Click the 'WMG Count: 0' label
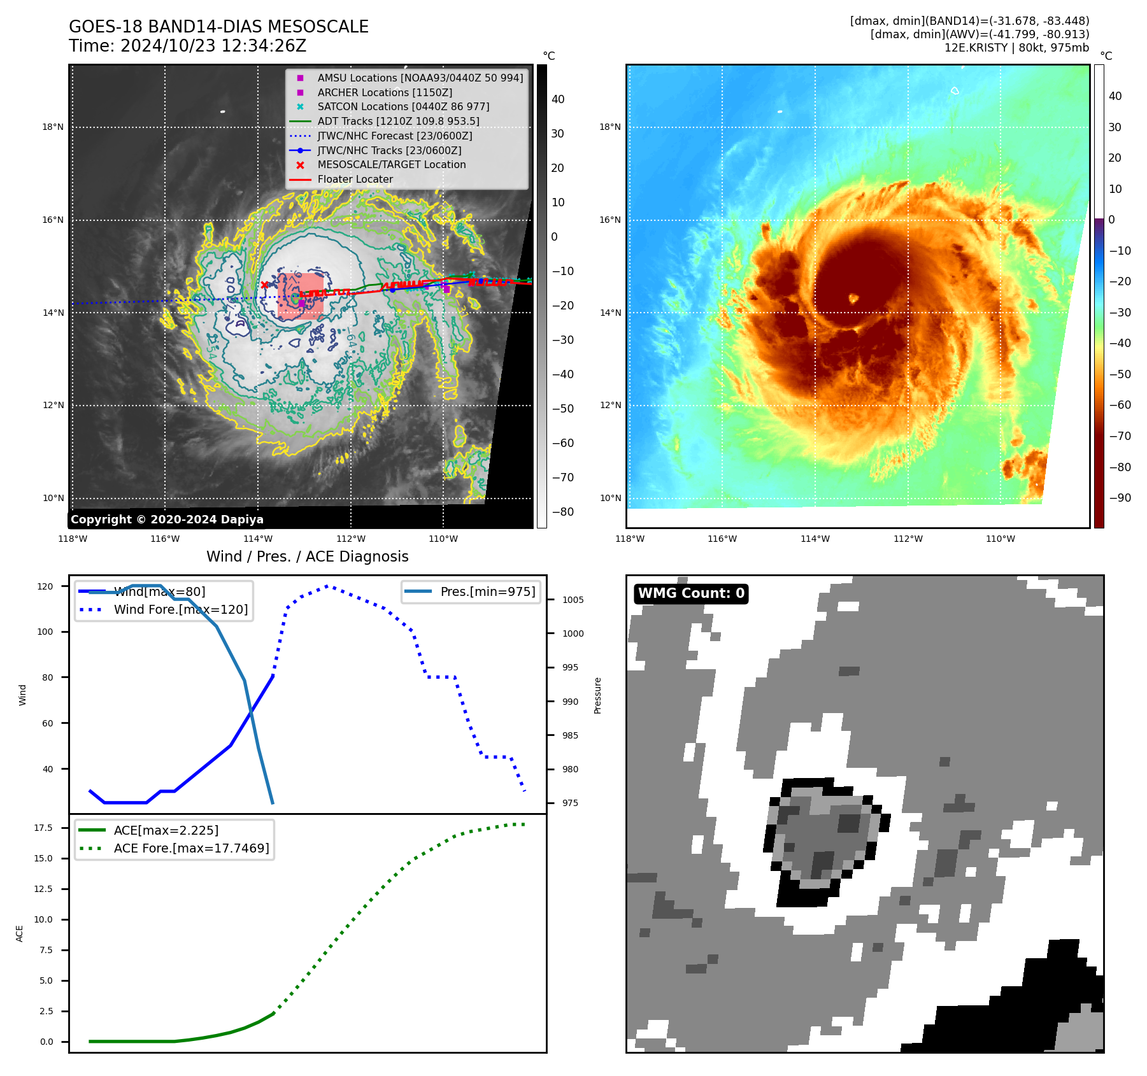[691, 593]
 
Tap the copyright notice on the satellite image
[167, 520]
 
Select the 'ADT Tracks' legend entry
[398, 121]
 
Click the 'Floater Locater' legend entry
[355, 180]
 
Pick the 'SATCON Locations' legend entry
[403, 106]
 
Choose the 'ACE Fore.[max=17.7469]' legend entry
[191, 848]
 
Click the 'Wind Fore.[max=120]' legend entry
[180, 609]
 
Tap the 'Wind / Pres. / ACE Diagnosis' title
[307, 556]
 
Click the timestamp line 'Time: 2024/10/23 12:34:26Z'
[187, 46]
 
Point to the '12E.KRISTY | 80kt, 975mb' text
[1016, 48]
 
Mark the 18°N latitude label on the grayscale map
[53, 127]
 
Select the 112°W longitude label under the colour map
[908, 539]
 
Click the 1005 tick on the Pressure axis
[573, 600]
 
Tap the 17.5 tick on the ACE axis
[43, 828]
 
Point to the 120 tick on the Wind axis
[45, 586]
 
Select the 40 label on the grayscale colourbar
[558, 99]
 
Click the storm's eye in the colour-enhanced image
[853, 298]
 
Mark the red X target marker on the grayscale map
[264, 285]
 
